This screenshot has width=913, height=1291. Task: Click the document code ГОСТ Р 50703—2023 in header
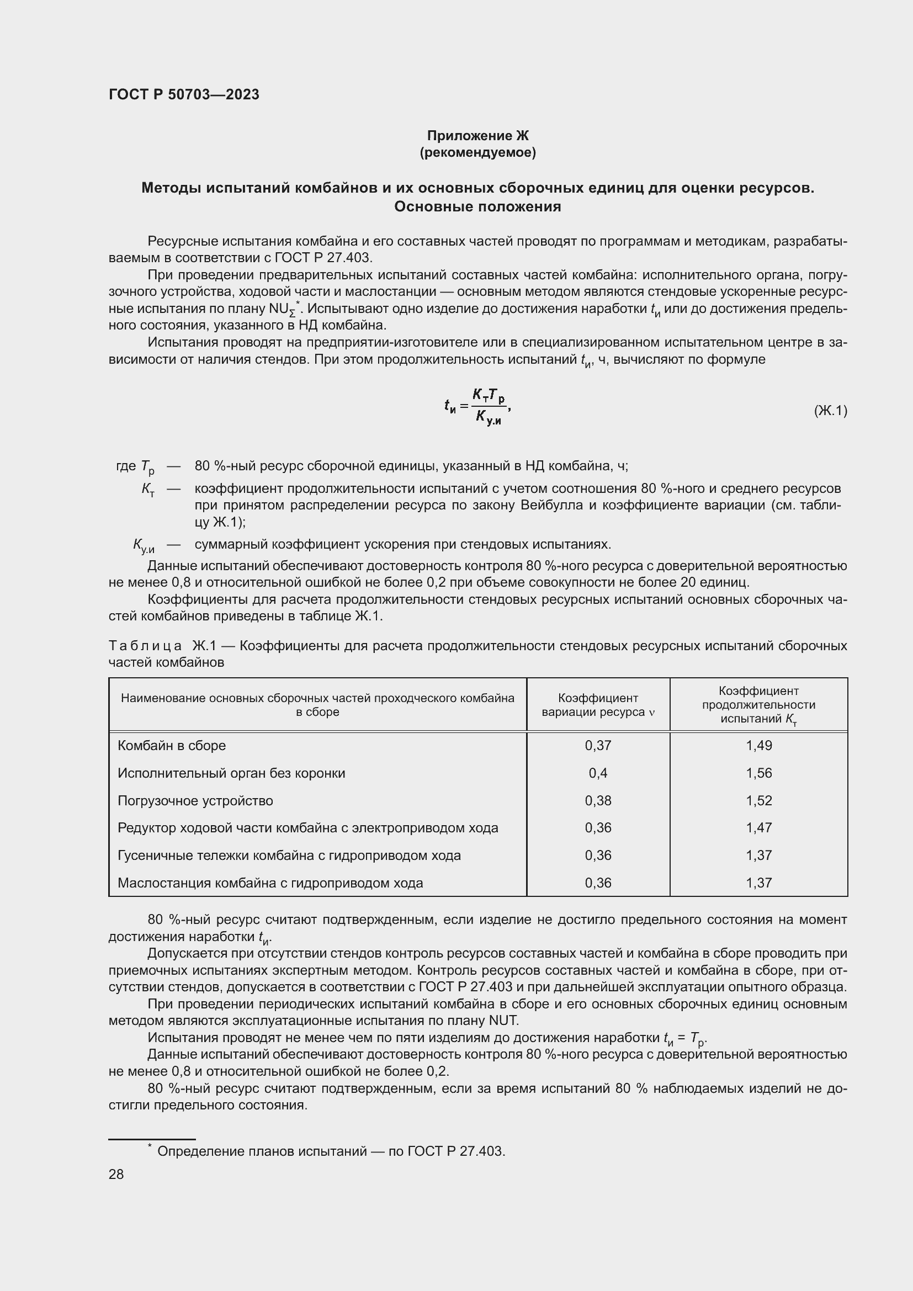point(184,94)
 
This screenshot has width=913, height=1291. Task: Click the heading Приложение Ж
point(477,136)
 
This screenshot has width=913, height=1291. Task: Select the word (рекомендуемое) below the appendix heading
point(477,152)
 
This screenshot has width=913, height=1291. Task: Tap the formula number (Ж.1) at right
point(830,411)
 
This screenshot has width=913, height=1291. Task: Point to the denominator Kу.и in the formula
point(488,418)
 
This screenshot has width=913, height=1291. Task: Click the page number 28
point(116,1174)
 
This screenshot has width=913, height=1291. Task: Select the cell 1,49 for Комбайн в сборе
point(758,746)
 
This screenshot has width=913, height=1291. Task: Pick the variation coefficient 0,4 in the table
point(598,773)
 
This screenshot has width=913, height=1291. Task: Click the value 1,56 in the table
point(758,773)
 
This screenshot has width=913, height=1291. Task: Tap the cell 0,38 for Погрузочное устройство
point(598,801)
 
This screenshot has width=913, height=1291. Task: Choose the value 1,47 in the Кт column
point(758,828)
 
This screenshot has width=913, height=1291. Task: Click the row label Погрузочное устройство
point(195,801)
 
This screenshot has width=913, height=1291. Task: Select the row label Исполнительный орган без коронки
point(231,773)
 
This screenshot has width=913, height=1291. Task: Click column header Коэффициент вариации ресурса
point(598,705)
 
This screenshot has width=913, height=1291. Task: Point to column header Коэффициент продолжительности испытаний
point(758,704)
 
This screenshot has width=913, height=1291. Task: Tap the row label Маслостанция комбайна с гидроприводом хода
point(270,883)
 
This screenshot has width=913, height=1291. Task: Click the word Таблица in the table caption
point(145,646)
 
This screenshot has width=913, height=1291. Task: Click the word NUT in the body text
point(504,1021)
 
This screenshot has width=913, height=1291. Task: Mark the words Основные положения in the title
point(477,206)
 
